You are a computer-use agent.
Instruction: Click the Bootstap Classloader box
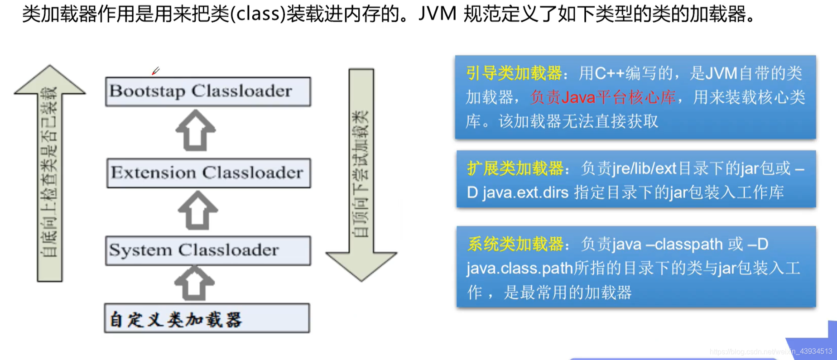tap(208, 91)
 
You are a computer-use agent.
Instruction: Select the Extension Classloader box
tap(208, 173)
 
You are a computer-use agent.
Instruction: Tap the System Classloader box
tap(208, 250)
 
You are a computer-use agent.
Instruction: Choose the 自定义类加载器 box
tap(207, 318)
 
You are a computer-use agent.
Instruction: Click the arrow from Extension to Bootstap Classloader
tap(196, 130)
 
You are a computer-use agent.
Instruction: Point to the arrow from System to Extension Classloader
tap(197, 210)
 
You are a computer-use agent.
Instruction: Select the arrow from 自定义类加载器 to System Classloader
tap(194, 283)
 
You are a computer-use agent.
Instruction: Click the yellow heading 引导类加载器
tap(514, 73)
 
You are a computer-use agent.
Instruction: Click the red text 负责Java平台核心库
tap(603, 97)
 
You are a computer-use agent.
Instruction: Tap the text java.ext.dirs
tap(525, 193)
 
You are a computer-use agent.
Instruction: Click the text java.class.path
tap(520, 269)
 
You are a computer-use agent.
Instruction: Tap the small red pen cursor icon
tap(155, 71)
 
